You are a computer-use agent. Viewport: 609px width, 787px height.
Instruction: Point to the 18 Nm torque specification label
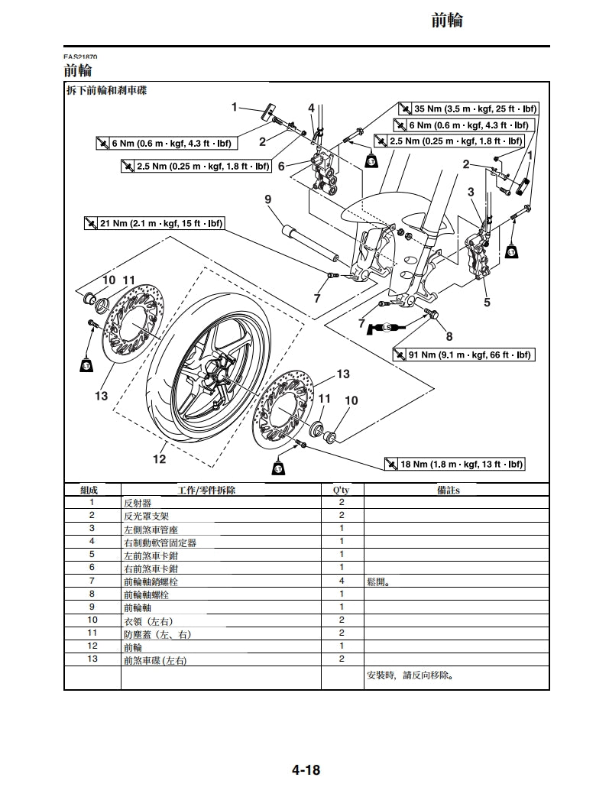pos(456,464)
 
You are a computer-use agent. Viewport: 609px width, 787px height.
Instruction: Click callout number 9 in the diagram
pos(268,199)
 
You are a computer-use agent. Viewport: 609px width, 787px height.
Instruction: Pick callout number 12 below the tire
pos(159,458)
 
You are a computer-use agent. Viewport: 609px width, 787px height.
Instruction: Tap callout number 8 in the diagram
pos(449,335)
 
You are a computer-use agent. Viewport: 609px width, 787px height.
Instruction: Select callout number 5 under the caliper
pos(487,302)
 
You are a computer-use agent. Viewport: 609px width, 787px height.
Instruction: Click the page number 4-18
pos(305,769)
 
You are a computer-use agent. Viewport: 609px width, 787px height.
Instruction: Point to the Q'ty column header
pos(342,490)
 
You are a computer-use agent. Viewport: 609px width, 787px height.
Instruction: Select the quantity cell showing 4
pos(342,581)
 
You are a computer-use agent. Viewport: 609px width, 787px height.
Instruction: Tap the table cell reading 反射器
pos(138,503)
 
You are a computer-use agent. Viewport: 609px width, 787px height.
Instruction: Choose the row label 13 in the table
pos(92,659)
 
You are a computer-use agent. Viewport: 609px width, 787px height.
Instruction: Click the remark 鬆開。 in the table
pos(379,581)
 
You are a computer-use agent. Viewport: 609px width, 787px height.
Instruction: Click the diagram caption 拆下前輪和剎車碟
pos(107,90)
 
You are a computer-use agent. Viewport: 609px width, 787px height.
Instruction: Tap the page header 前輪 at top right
pos(447,21)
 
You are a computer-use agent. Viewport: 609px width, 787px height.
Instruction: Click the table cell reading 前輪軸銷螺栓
pos(151,581)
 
